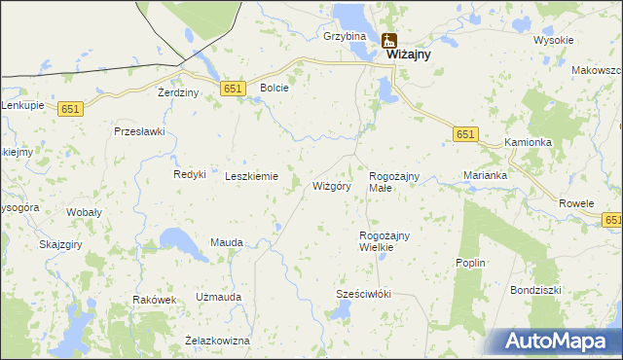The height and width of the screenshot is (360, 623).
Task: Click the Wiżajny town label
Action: pos(409,56)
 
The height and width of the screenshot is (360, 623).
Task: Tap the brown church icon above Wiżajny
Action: pos(390,41)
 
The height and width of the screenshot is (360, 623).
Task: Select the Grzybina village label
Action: pos(345,36)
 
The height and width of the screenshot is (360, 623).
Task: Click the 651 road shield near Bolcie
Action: pos(232,89)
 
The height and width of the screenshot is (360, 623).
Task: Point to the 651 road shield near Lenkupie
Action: pos(70,110)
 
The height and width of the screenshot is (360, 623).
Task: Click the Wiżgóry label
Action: pos(331,186)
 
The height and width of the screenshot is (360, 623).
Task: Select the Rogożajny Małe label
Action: pos(393,181)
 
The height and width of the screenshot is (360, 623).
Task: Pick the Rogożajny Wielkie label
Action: pos(384,241)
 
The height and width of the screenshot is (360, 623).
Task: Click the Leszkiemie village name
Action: pos(252,176)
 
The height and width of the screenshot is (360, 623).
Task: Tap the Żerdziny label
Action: pos(178,92)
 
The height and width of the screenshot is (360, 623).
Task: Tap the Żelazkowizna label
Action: pos(217,341)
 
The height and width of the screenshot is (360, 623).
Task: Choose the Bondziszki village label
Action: pos(536,290)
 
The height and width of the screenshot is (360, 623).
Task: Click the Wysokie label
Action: pos(554,40)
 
